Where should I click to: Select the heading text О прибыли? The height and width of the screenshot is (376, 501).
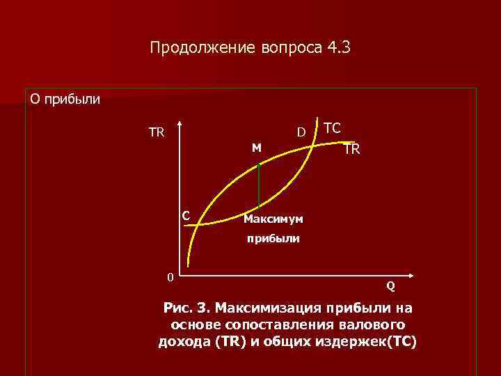(x=65, y=99)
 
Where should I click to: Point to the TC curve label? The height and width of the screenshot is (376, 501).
(x=333, y=128)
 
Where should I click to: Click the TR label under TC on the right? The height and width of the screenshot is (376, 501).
(x=351, y=149)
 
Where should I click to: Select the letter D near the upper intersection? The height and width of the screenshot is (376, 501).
(x=301, y=132)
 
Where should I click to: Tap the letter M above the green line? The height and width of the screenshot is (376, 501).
(x=257, y=148)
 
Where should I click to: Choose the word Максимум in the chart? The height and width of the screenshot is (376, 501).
(x=273, y=219)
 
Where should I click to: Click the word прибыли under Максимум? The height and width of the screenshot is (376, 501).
(x=271, y=238)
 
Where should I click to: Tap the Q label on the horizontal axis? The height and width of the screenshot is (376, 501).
(x=391, y=285)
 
